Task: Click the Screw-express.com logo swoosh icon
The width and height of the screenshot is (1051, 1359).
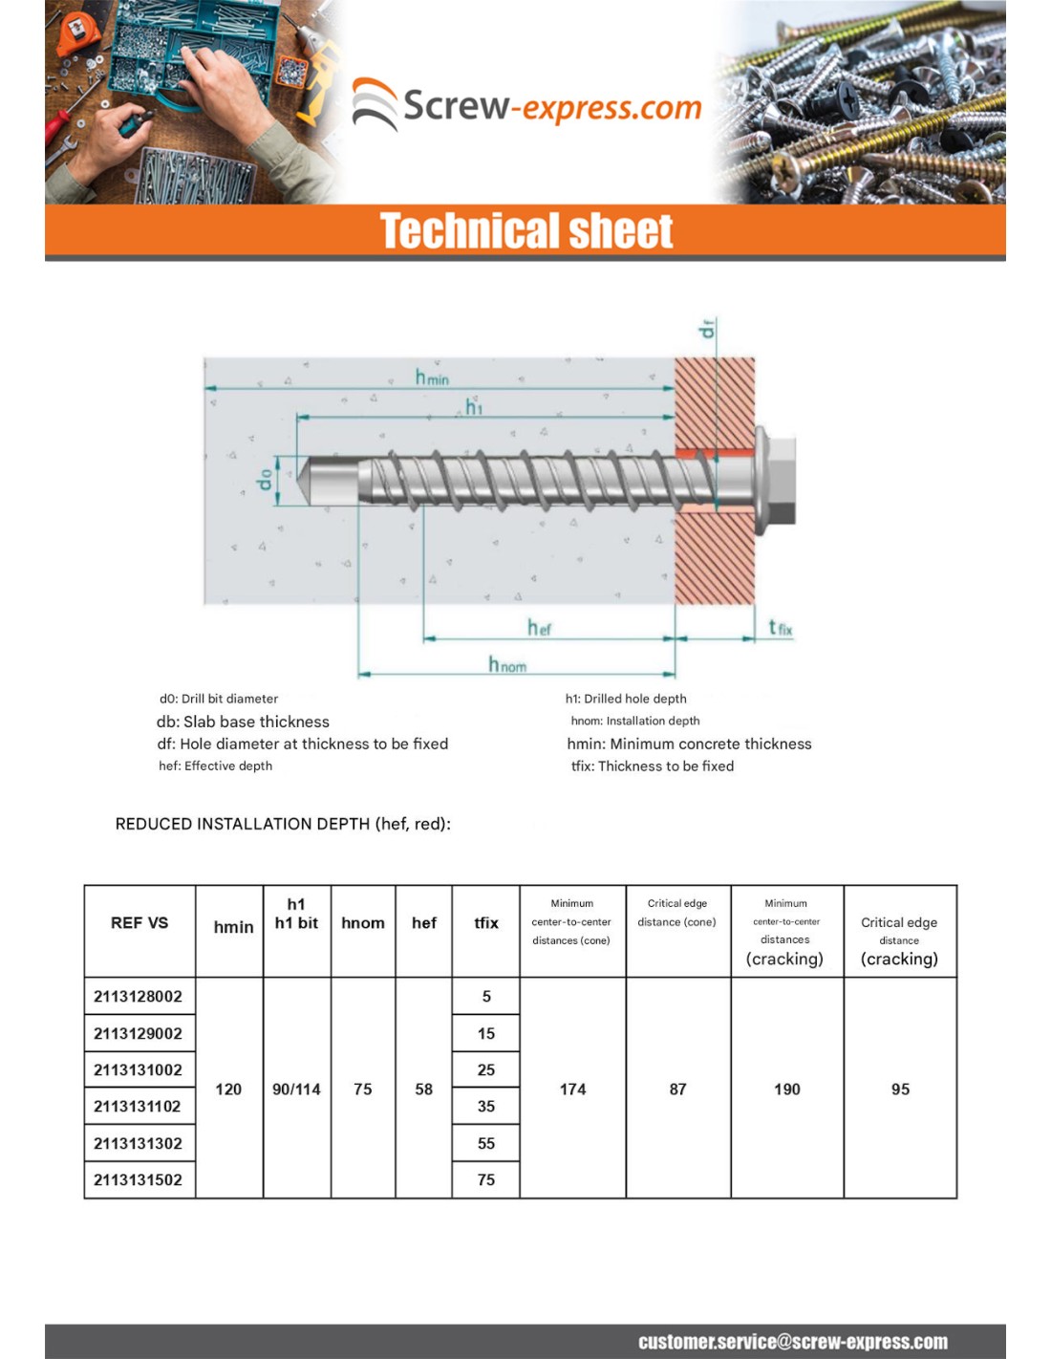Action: [x=375, y=103]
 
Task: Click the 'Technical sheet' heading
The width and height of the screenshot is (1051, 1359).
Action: [x=526, y=231]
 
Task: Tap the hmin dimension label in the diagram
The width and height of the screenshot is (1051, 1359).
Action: [x=432, y=377]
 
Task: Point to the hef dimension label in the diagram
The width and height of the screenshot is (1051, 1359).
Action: [x=539, y=628]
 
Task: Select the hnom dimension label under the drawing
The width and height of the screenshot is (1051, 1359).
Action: [x=506, y=664]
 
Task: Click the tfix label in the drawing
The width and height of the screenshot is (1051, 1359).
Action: [x=781, y=628]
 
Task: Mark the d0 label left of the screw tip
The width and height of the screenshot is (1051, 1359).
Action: [x=265, y=479]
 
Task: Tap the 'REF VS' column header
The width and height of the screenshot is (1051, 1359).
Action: [x=139, y=923]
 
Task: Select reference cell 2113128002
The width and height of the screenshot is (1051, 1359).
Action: [x=139, y=997]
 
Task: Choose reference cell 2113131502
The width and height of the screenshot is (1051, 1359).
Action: [x=139, y=1180]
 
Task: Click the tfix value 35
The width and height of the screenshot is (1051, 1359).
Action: [x=486, y=1107]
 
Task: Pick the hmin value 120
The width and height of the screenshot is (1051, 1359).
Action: [x=228, y=1089]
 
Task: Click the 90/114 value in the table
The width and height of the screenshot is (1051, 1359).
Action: [x=296, y=1089]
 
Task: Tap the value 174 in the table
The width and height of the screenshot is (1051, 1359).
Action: [x=572, y=1089]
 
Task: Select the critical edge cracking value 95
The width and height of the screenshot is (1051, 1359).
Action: [x=900, y=1089]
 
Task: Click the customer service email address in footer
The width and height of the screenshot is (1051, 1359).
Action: [x=793, y=1342]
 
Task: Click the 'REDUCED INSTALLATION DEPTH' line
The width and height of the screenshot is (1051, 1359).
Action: [x=283, y=824]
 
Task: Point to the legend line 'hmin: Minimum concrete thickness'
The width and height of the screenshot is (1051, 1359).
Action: [x=689, y=744]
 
